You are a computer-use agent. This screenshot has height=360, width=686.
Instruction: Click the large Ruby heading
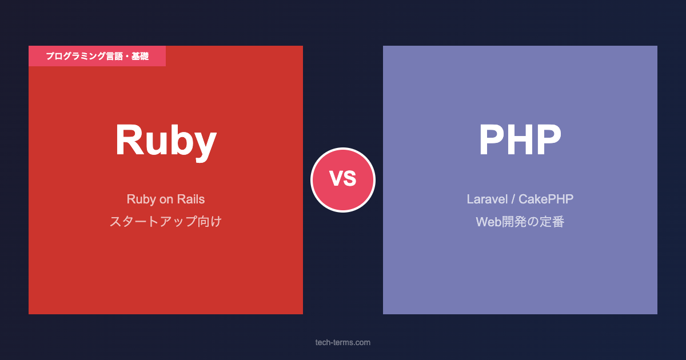click(166, 142)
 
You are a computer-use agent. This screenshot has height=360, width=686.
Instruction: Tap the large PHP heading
click(520, 139)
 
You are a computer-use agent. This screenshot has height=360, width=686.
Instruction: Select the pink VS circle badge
click(343, 180)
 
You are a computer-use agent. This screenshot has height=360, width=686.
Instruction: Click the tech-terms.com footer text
click(342, 342)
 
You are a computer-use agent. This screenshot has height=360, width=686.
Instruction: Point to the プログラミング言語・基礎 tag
click(97, 56)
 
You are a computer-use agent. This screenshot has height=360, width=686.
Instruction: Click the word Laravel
click(487, 199)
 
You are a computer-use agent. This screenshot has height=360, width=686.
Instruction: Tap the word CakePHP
click(546, 199)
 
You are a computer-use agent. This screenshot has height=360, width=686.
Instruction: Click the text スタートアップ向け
click(166, 221)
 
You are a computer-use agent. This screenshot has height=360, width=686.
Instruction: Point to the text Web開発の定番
click(520, 222)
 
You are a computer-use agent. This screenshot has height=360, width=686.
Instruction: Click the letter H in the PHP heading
click(520, 139)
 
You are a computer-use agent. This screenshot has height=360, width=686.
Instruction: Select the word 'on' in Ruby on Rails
click(166, 200)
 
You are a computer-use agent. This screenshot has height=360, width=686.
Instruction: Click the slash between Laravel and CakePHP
click(513, 199)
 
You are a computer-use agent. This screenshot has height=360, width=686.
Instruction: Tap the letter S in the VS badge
click(350, 178)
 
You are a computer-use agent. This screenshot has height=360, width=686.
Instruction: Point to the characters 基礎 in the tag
click(140, 56)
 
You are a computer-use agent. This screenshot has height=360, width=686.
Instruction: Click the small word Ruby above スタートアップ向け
click(141, 200)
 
